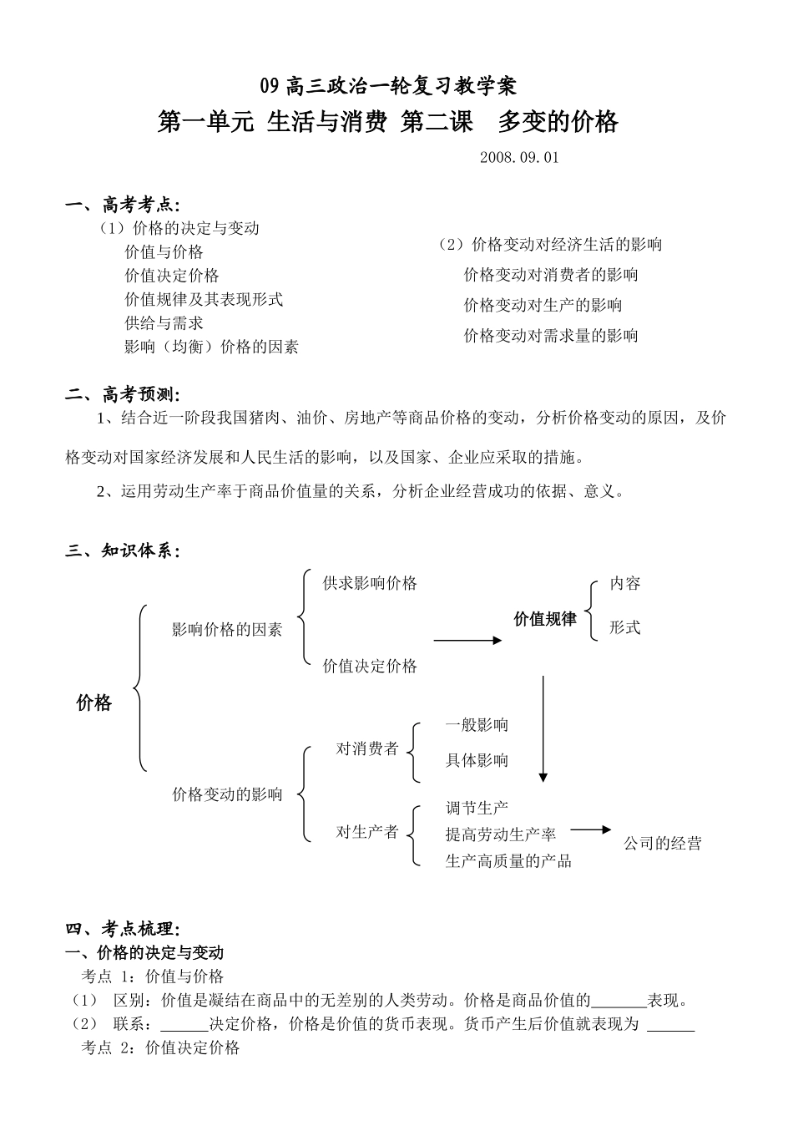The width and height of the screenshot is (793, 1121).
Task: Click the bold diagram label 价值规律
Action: coord(545,619)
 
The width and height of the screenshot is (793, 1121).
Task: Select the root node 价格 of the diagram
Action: coord(93,703)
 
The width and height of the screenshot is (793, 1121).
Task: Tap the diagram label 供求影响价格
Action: coord(370,583)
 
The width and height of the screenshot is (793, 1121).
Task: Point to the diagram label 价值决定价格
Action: coord(370,666)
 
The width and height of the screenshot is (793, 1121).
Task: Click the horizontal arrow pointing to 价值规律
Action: coord(467,641)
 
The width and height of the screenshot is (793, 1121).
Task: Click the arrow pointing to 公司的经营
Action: coord(591,829)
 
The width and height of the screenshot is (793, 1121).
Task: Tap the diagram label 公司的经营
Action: coord(663,843)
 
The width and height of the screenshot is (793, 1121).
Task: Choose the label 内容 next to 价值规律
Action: coord(625,583)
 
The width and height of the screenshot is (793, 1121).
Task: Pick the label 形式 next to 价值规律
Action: coord(625,627)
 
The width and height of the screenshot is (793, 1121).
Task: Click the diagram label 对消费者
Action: coord(367,748)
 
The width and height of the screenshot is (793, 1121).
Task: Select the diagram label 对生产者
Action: coord(367,832)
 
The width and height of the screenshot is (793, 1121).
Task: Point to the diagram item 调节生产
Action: coord(477,808)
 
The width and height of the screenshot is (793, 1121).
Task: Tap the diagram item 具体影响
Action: coord(477,760)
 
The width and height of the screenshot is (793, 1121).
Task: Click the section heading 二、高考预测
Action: coord(123,394)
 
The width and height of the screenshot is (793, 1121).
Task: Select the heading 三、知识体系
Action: coord(123,550)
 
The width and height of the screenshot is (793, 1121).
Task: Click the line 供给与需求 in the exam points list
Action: coord(164,322)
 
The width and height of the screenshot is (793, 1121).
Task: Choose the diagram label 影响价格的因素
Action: coord(227,630)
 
